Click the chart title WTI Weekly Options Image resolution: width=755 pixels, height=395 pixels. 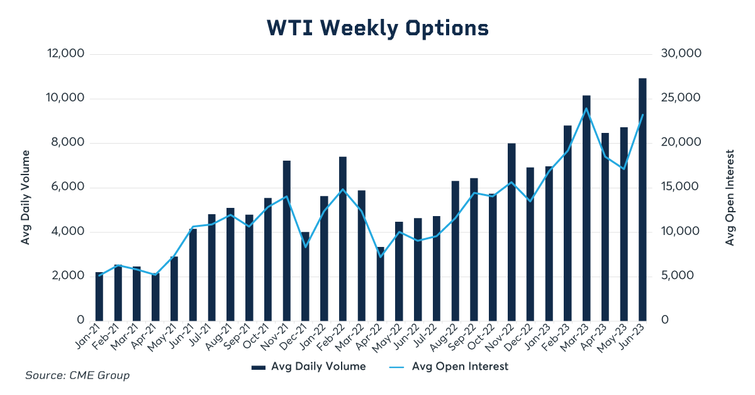(x=377, y=28)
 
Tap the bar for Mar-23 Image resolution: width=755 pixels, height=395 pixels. (x=586, y=208)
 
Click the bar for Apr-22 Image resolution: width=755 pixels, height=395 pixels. (x=380, y=283)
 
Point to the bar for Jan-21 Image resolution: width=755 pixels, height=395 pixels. (x=99, y=296)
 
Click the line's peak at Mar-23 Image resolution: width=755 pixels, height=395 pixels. (x=586, y=108)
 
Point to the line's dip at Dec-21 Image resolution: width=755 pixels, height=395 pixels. (x=305, y=246)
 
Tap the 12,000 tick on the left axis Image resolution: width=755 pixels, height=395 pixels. (x=66, y=54)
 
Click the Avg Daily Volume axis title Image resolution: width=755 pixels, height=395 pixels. (x=26, y=197)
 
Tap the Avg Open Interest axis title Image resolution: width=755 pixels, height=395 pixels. (x=730, y=197)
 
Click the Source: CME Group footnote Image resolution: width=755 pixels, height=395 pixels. (x=77, y=376)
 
